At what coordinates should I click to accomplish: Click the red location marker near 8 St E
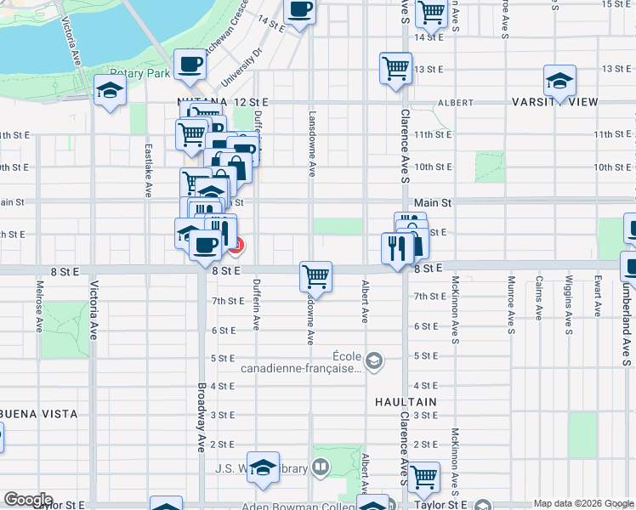pos(236,246)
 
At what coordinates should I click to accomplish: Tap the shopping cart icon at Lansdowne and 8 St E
pos(315,275)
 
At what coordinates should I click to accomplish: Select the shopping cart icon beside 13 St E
pos(395,67)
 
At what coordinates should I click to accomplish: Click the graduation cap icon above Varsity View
pos(559,81)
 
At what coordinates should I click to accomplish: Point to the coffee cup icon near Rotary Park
pos(190,64)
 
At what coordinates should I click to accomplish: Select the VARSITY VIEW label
pos(555,102)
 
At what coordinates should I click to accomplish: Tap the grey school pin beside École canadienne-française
pos(373,363)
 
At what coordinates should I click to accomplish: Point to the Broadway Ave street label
pos(202,416)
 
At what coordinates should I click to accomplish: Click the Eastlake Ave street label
pos(148,170)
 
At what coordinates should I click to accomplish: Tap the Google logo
pos(28,500)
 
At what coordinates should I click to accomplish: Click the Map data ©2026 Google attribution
pos(582,503)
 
